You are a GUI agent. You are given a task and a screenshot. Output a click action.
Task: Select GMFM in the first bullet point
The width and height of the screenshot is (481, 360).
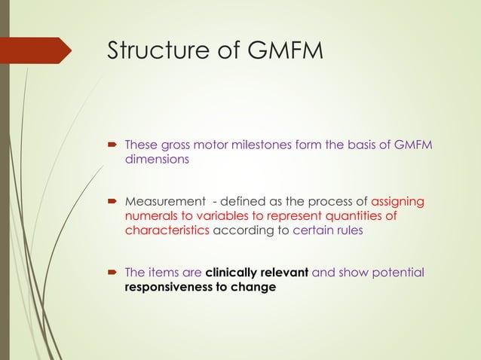point(413,145)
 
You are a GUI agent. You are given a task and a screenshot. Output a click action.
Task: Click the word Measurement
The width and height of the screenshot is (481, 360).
point(164,202)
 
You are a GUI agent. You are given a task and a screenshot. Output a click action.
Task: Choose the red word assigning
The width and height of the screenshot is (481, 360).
point(397,202)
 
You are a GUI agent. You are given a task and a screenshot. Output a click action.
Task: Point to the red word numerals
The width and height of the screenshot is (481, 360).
point(151,216)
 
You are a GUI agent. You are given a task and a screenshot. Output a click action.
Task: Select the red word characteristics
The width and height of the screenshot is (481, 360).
point(167,230)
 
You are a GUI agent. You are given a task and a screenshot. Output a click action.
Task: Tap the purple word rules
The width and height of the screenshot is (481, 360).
point(348,230)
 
